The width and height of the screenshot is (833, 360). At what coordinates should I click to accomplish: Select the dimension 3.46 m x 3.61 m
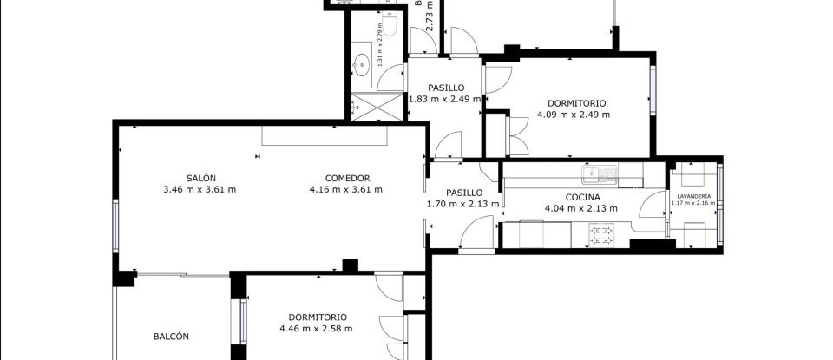[x=200, y=189]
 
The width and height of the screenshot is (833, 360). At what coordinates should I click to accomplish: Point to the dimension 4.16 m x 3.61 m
[x=347, y=189]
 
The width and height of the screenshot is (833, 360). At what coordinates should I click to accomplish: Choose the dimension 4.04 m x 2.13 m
[x=580, y=208]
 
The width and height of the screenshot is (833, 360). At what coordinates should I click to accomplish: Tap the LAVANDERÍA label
[x=693, y=197]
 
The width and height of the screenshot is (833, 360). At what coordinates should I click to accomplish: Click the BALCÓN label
[x=171, y=337]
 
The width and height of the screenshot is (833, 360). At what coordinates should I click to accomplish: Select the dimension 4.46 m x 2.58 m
[x=316, y=329]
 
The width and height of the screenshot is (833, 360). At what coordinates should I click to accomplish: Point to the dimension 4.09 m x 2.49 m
[x=573, y=115]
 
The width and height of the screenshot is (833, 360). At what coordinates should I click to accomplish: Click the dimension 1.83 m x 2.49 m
[x=446, y=99]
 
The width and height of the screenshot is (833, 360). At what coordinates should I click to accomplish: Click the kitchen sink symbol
[x=598, y=174]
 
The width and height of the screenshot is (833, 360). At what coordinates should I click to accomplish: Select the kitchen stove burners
[x=600, y=232]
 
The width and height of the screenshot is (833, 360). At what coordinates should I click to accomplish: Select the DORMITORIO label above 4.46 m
[x=318, y=317]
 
